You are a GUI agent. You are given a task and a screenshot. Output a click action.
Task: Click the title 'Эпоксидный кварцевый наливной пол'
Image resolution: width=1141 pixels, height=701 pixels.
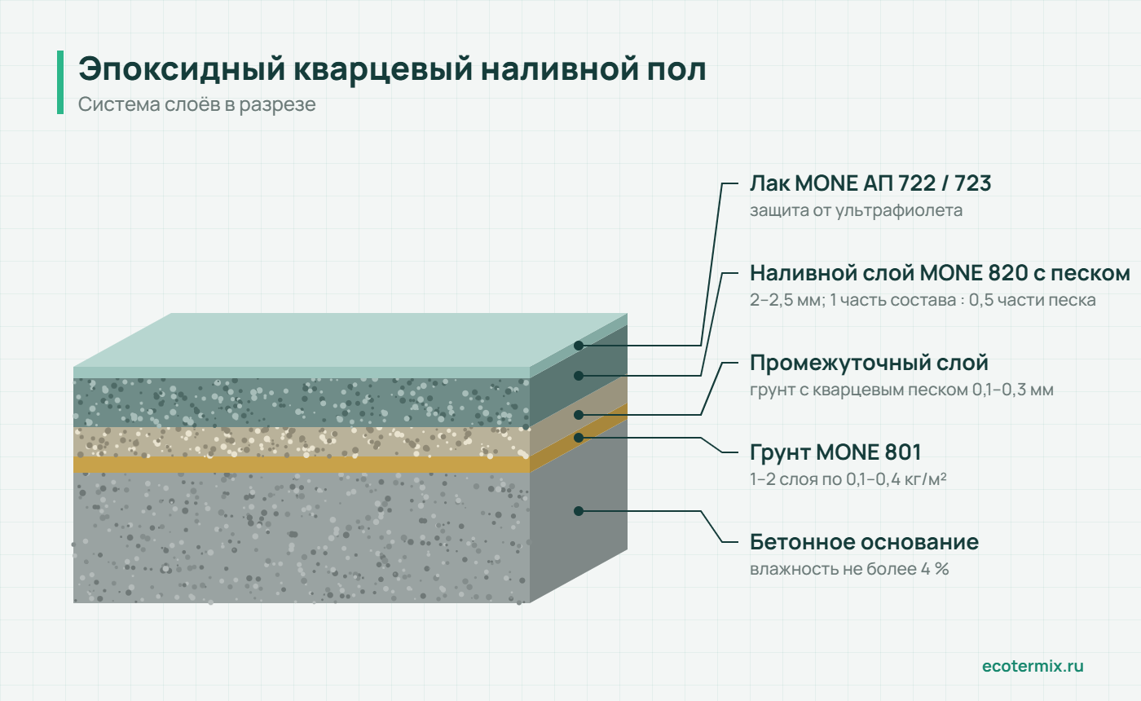[x=392, y=68]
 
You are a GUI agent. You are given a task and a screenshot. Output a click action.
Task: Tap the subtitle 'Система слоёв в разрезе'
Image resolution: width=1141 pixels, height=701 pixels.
[x=196, y=104]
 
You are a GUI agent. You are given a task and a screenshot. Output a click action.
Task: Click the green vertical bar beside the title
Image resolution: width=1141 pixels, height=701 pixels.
[x=60, y=82]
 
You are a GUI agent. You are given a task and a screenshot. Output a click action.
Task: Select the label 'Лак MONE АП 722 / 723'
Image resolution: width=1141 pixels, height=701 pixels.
[x=870, y=183]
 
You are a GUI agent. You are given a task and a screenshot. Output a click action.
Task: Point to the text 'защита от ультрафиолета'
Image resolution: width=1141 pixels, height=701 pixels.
[x=856, y=210]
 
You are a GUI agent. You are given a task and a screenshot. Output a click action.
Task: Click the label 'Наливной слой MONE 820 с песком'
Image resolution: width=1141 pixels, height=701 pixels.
[x=940, y=274]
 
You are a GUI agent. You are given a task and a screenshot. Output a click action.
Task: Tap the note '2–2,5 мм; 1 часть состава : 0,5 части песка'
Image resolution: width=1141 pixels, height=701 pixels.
[x=923, y=300]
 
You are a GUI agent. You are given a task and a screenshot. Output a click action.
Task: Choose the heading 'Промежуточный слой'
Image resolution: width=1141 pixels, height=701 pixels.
[x=869, y=364]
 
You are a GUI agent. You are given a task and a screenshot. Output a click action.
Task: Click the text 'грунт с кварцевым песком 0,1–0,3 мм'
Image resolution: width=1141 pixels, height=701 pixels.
[x=901, y=390]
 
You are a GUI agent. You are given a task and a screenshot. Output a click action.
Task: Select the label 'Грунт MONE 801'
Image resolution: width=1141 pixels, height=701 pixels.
[x=835, y=452]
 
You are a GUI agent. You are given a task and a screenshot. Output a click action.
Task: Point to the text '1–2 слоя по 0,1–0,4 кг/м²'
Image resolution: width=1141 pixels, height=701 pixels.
[x=848, y=479]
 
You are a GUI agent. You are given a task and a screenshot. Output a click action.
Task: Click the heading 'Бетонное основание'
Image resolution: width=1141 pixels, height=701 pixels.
[x=864, y=542]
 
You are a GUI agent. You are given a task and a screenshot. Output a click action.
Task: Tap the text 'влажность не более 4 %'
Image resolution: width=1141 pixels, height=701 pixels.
[x=849, y=569]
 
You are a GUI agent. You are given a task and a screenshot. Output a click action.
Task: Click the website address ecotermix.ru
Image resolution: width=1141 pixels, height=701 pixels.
[x=1033, y=666]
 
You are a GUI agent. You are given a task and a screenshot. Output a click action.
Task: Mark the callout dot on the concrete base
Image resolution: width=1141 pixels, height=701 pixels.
[x=579, y=511]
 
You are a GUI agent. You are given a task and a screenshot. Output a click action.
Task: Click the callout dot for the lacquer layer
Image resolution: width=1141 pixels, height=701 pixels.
[x=579, y=346]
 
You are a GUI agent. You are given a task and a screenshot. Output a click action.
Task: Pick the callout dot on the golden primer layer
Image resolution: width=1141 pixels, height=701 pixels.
[x=579, y=438]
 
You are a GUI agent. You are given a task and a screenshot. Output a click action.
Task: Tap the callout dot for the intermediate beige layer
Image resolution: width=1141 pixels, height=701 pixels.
[x=579, y=415]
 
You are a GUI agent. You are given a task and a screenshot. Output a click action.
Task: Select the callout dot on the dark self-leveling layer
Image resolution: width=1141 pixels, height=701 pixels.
[x=579, y=376]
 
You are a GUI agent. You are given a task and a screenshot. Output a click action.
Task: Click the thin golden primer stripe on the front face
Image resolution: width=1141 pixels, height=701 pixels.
[x=302, y=465]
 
